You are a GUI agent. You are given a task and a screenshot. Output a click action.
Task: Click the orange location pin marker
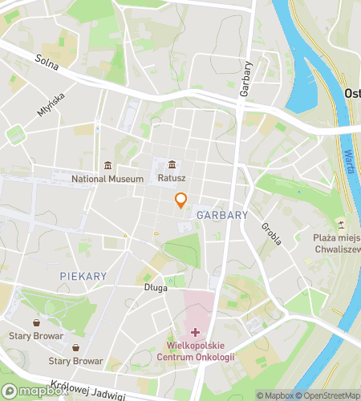click(x=181, y=200)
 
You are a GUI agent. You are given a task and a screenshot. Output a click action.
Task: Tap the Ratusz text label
click(x=172, y=179)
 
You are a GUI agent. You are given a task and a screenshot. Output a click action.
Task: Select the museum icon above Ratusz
click(x=172, y=165)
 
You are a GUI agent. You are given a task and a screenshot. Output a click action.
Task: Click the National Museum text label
click(x=107, y=179)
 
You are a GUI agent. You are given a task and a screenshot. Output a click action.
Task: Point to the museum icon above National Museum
click(x=107, y=165)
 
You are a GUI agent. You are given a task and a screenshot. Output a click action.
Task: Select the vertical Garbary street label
click(x=246, y=79)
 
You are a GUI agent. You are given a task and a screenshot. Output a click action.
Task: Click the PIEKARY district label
click(x=83, y=276)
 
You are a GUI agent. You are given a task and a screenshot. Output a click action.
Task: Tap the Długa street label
click(x=156, y=287)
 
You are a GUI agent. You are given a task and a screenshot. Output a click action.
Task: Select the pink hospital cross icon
click(x=195, y=331)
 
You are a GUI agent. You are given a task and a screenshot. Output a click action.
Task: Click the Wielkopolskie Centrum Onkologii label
click(x=195, y=350)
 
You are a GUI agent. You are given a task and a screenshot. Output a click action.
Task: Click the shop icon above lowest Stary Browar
click(x=75, y=347)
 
